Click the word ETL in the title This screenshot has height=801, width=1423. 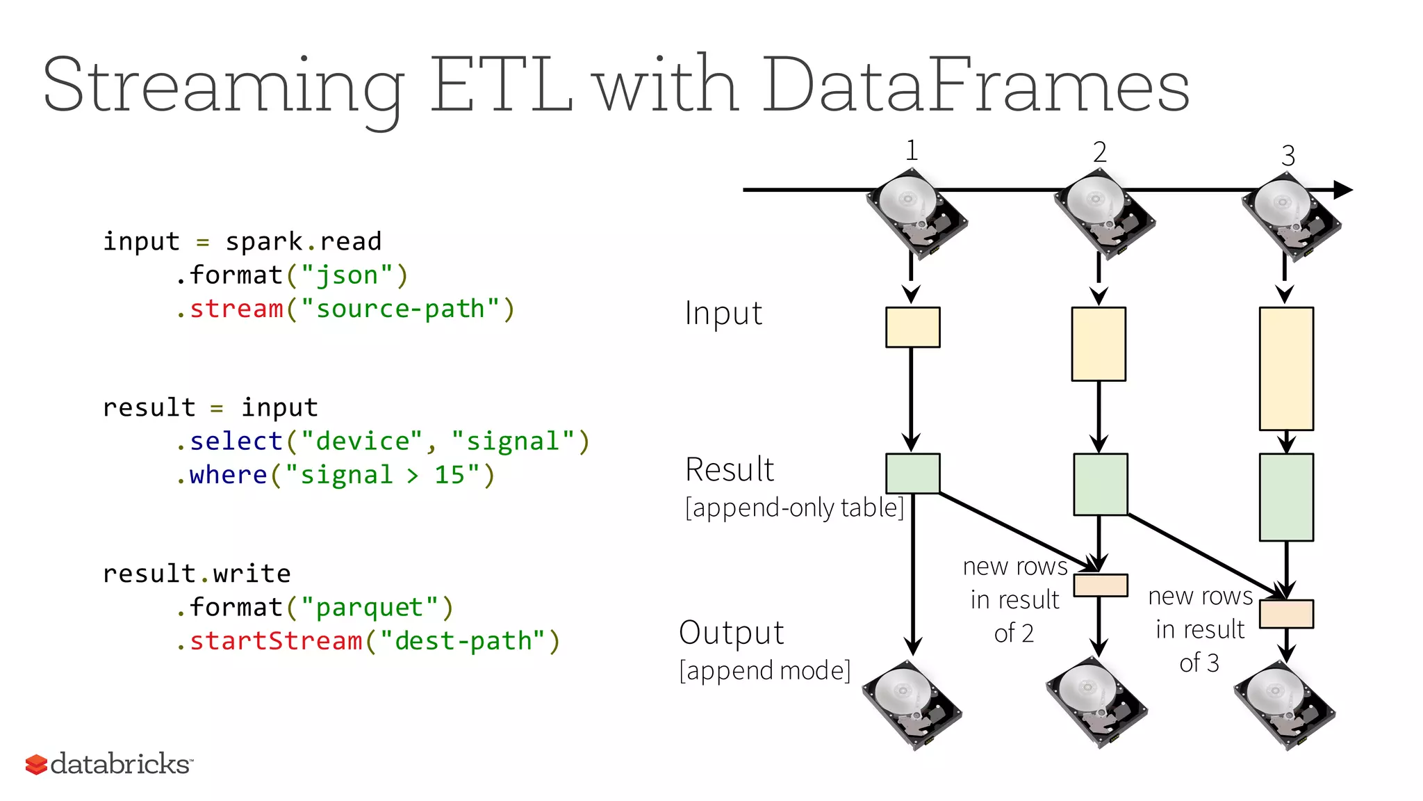tap(502, 86)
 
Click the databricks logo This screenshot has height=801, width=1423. tap(109, 763)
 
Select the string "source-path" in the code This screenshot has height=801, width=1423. tap(400, 308)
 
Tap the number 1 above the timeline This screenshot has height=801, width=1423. tap(912, 150)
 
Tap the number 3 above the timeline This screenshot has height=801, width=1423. tap(1288, 156)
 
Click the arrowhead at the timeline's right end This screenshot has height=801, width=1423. tap(1343, 189)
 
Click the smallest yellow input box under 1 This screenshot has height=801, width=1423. tap(912, 327)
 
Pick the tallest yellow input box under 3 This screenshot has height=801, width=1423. tap(1285, 369)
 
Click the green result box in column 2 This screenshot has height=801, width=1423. tap(1100, 484)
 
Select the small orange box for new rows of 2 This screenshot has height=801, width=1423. tap(1100, 585)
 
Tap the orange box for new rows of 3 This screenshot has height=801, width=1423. tap(1286, 614)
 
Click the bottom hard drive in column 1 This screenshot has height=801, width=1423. tap(912, 704)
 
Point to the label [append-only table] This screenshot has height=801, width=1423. tap(794, 508)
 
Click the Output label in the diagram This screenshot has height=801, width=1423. tap(731, 633)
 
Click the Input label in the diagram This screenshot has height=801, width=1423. tap(723, 313)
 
